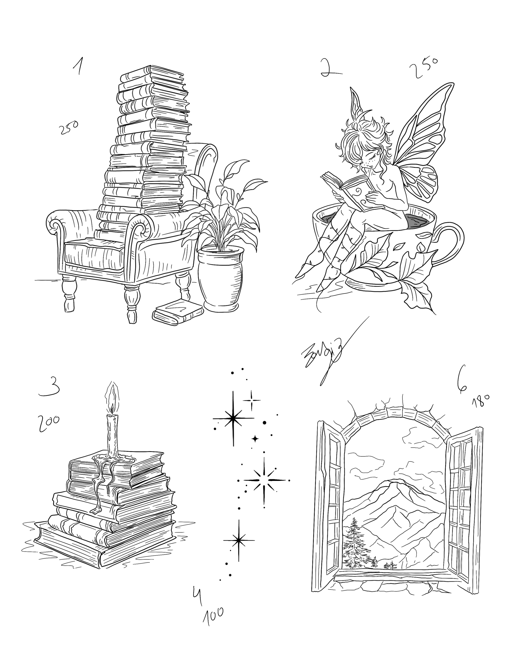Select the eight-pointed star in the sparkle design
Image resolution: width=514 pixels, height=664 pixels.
264,480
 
